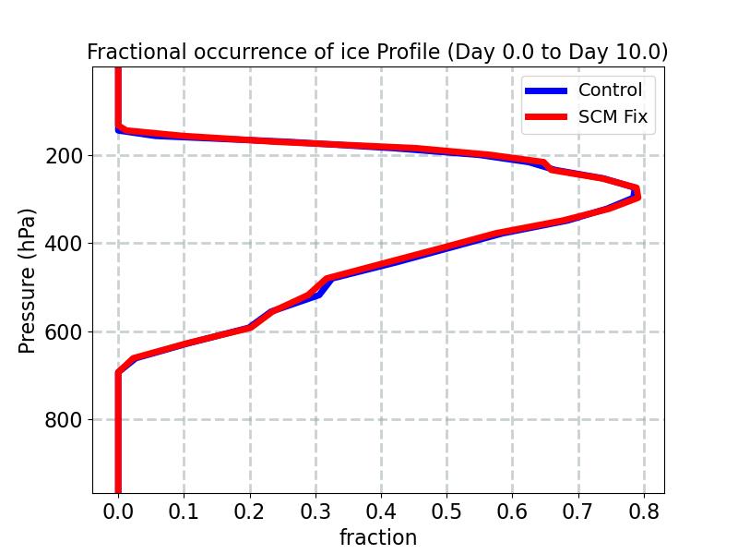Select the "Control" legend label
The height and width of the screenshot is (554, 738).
tap(610, 90)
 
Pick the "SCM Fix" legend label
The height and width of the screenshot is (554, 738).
tap(613, 117)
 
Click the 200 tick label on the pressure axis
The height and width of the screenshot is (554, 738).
tap(63, 156)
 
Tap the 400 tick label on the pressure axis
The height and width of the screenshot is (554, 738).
tap(63, 244)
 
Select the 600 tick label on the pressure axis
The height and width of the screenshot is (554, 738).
tap(63, 332)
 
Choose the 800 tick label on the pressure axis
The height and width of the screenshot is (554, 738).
tap(63, 420)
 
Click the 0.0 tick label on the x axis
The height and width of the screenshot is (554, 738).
tap(118, 512)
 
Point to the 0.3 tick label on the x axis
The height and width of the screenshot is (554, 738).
tap(315, 512)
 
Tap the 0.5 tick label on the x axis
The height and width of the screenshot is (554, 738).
tap(446, 512)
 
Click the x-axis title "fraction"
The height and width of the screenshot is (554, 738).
tap(378, 537)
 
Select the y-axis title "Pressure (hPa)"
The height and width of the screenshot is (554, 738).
tap(28, 281)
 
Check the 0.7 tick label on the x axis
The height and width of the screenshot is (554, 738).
tap(578, 512)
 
